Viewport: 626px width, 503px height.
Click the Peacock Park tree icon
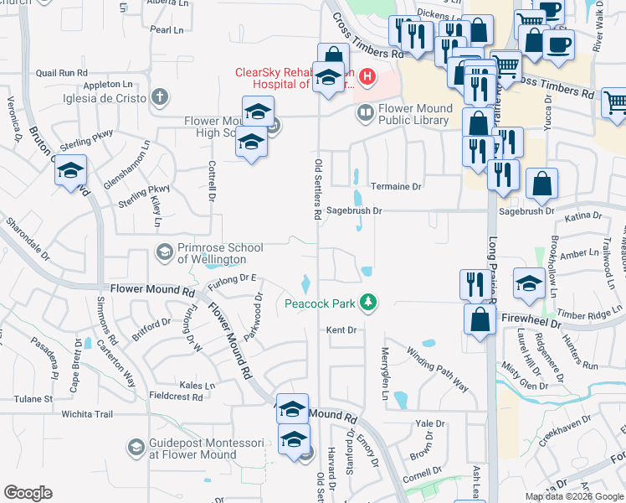[367, 302]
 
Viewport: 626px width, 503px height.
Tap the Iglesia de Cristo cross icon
[159, 97]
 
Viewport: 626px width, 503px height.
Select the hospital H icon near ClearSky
[366, 79]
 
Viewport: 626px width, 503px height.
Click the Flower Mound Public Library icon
[365, 114]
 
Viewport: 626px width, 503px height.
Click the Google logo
[28, 493]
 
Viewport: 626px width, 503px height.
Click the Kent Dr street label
[341, 330]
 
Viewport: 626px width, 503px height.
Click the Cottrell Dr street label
[212, 180]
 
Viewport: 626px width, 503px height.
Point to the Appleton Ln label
[109, 85]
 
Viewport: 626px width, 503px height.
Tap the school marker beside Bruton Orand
[71, 171]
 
